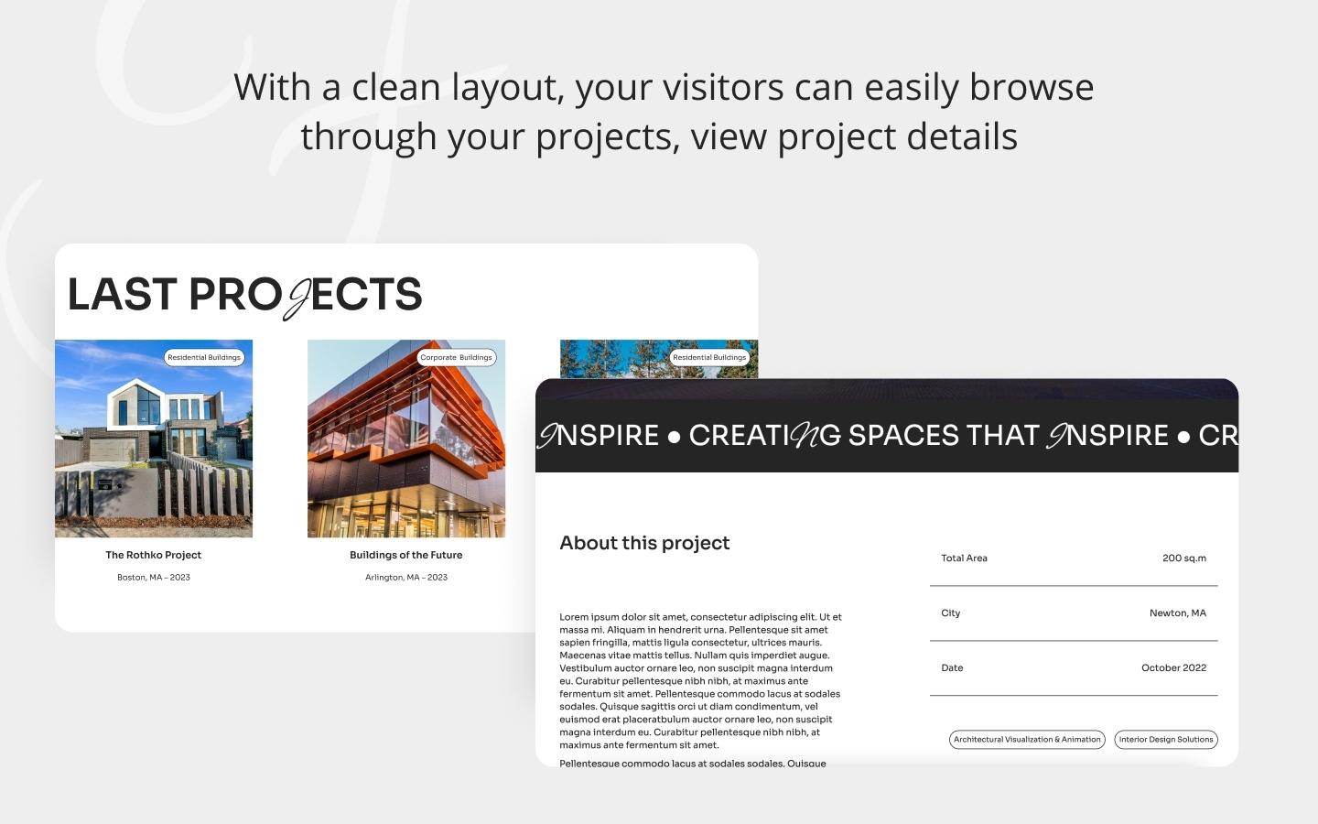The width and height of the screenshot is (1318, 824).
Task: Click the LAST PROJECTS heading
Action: tap(244, 295)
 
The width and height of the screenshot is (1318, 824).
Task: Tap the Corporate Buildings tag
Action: tap(456, 357)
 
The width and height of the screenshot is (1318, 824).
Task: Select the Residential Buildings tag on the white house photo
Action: tap(204, 357)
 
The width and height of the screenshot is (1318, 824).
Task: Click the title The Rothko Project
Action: tap(153, 555)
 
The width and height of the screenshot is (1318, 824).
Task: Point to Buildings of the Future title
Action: tap(405, 555)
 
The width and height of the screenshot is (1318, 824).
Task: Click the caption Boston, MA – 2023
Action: tap(153, 578)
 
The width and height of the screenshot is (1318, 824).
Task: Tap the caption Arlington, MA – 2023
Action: tap(405, 578)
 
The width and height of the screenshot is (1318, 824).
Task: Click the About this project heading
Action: tap(644, 543)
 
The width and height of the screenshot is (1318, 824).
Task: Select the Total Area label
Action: tap(964, 558)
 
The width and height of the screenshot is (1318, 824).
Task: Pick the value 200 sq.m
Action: tap(1183, 558)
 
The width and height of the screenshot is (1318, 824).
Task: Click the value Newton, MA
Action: tap(1177, 613)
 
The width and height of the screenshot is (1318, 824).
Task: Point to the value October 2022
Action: tap(1173, 668)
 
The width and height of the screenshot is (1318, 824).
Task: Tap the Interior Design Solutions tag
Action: tap(1165, 740)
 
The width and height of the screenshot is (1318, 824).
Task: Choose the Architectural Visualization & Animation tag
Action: tap(1026, 740)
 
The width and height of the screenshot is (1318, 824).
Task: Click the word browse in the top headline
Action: tap(1032, 88)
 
